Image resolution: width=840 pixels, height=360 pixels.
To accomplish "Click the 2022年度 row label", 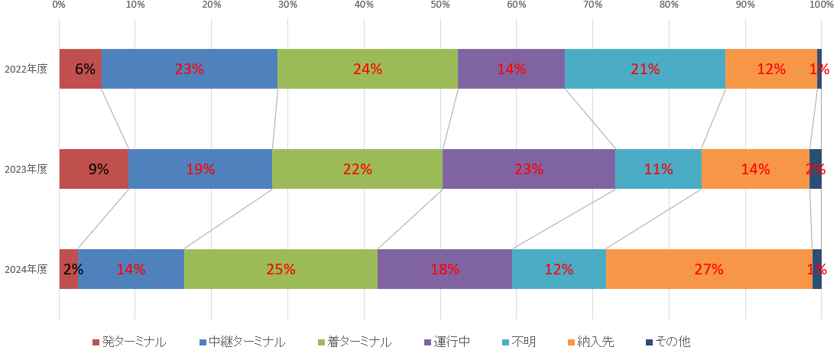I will pyautogui.click(x=26, y=69).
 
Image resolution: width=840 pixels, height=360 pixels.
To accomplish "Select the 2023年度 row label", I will pyautogui.click(x=26, y=169).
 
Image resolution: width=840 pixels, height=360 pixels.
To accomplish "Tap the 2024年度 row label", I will pyautogui.click(x=26, y=269).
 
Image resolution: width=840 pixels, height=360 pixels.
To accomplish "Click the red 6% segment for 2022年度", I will pyautogui.click(x=80, y=69).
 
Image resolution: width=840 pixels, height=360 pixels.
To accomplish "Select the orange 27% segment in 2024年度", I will pyautogui.click(x=709, y=269).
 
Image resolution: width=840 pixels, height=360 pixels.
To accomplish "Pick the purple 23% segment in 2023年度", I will pyautogui.click(x=528, y=169).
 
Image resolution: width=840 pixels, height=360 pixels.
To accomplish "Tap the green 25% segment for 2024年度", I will pyautogui.click(x=281, y=269).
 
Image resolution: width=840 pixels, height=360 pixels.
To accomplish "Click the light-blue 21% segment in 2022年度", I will pyautogui.click(x=644, y=69).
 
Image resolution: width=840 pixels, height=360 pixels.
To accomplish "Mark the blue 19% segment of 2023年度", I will pyautogui.click(x=199, y=169).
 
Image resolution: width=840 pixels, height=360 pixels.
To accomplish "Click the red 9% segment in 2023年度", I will pyautogui.click(x=93, y=169).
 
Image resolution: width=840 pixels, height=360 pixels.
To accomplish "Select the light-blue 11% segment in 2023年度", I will pyautogui.click(x=658, y=169).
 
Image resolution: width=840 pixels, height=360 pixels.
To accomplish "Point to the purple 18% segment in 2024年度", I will pyautogui.click(x=444, y=269).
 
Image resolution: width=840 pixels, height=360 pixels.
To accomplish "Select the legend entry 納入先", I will pyautogui.click(x=596, y=342).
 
